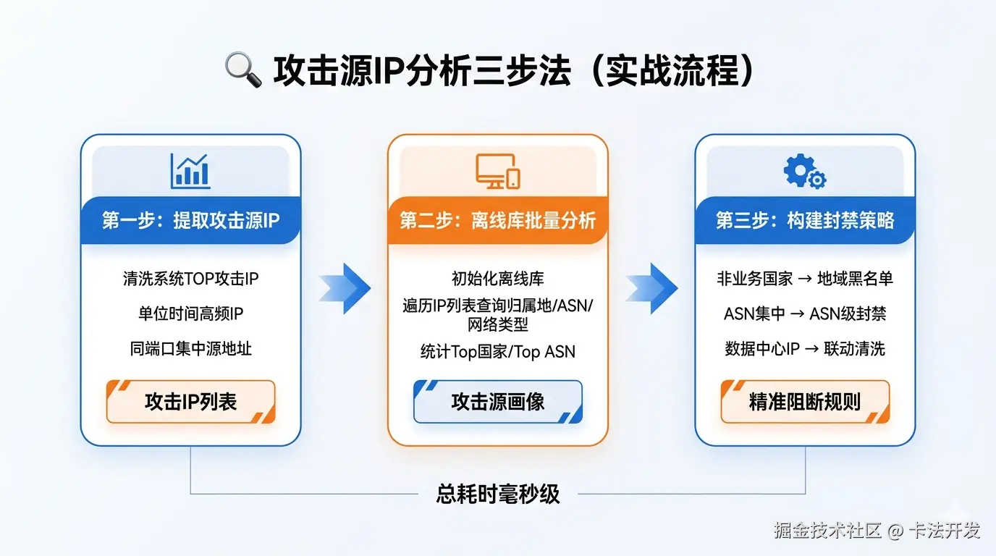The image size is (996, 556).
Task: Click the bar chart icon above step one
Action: click(x=190, y=171)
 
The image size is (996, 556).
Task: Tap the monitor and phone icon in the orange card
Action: click(x=498, y=172)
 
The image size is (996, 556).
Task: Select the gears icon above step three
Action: click(x=804, y=172)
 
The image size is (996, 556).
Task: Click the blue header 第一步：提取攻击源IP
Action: click(x=190, y=220)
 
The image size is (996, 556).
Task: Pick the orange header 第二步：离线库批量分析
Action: click(x=498, y=220)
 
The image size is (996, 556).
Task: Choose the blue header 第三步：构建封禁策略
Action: click(x=805, y=220)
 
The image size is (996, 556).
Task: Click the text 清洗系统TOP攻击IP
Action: click(x=190, y=279)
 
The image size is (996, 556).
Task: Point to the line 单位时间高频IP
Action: click(x=190, y=313)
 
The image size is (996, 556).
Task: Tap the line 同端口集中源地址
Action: click(x=190, y=348)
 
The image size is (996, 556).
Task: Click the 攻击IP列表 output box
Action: click(x=190, y=401)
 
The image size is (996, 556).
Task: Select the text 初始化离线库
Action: click(x=498, y=279)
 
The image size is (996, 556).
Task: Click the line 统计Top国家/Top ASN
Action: click(x=498, y=352)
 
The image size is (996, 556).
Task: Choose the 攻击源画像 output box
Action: click(x=498, y=401)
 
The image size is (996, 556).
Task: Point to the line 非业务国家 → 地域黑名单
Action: click(x=805, y=279)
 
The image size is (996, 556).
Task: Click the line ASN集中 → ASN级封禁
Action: click(x=805, y=313)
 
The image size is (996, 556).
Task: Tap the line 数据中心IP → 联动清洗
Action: click(x=805, y=348)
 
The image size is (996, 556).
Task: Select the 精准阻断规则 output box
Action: click(x=805, y=401)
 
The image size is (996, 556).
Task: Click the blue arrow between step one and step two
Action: click(x=345, y=288)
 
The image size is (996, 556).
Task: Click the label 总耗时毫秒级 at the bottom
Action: click(x=498, y=494)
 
